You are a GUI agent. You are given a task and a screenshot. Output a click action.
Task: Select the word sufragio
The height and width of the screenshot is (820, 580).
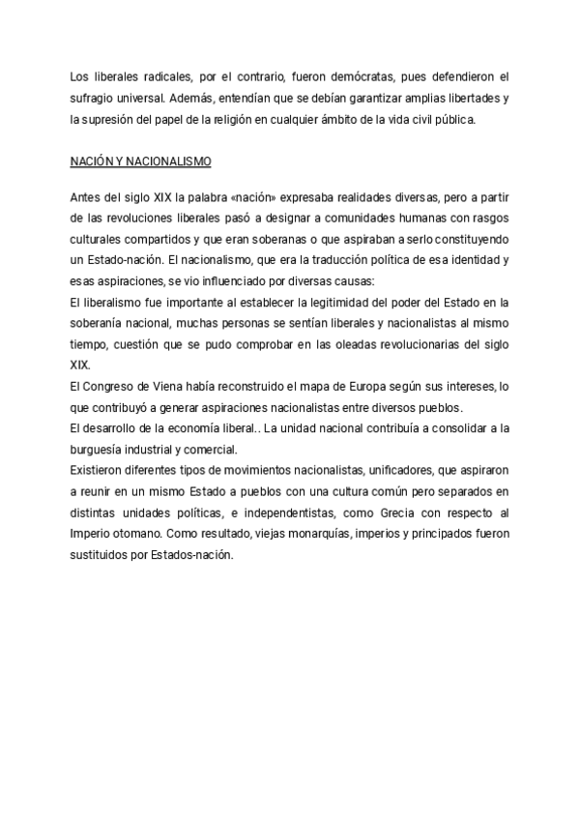click(94, 98)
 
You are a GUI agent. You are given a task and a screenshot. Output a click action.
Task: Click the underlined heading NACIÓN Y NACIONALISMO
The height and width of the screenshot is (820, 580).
click(141, 161)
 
